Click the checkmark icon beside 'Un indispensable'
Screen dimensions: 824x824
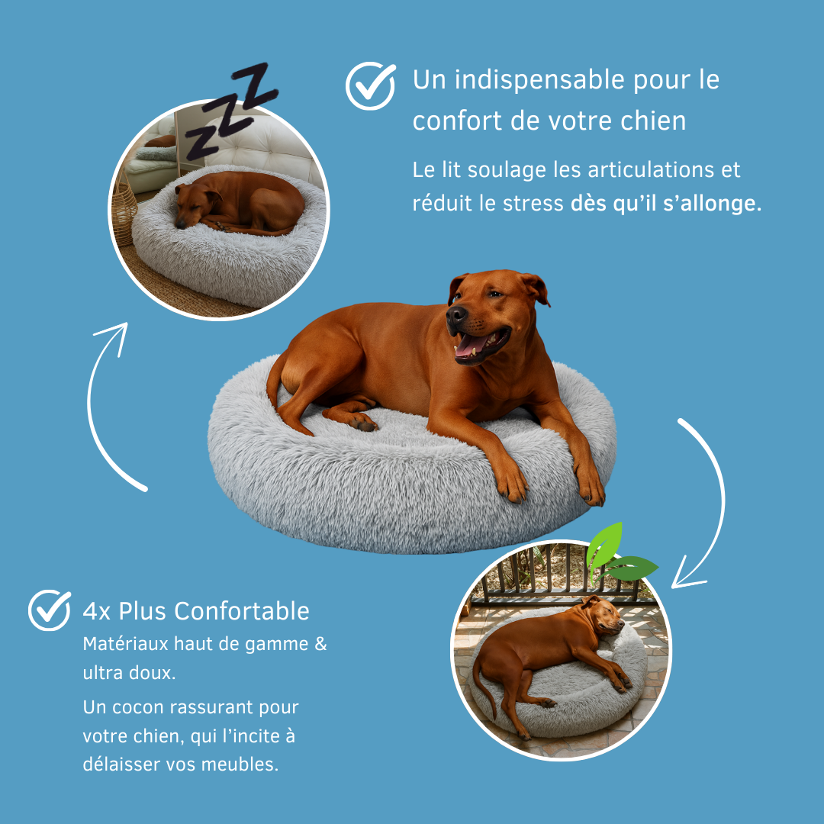[370, 85]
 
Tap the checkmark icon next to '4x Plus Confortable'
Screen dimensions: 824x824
[50, 610]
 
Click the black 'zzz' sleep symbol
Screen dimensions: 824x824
[230, 111]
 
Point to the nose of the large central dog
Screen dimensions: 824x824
[455, 315]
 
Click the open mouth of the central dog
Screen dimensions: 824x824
[481, 345]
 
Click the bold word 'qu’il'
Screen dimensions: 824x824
[636, 204]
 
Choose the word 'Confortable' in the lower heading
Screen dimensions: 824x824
[242, 611]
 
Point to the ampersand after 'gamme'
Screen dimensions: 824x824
[320, 644]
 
